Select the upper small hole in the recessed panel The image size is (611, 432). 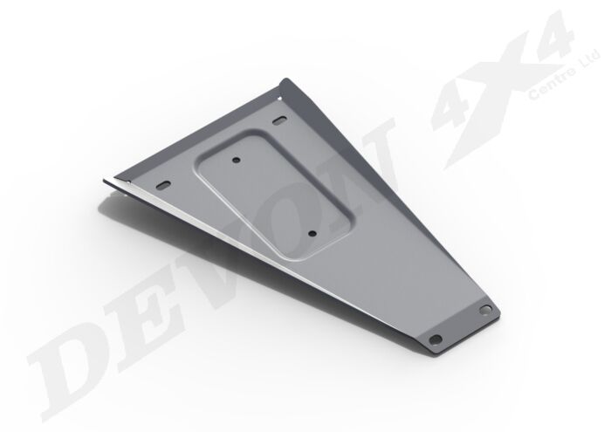237,159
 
